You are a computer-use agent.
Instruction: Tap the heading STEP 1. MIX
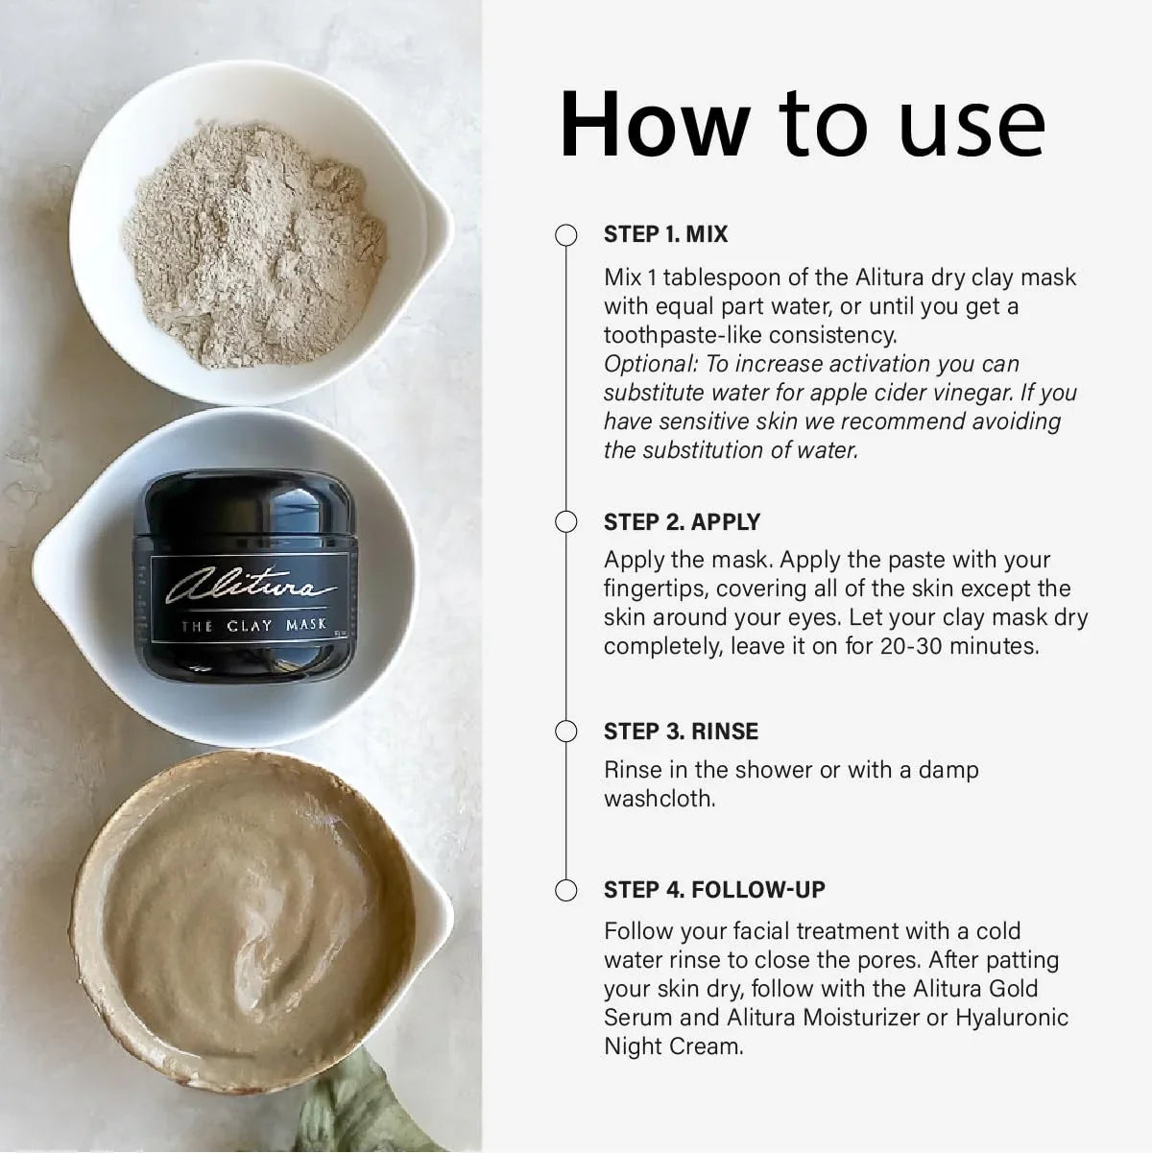pyautogui.click(x=665, y=234)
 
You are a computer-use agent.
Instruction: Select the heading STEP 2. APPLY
pyautogui.click(x=682, y=521)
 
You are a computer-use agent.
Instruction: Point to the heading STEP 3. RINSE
pyautogui.click(x=681, y=732)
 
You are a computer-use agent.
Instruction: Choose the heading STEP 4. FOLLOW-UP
pyautogui.click(x=714, y=890)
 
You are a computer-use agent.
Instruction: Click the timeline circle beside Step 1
pyautogui.click(x=566, y=235)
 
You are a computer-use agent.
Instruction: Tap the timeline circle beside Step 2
pyautogui.click(x=566, y=521)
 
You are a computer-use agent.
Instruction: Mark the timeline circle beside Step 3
pyautogui.click(x=566, y=732)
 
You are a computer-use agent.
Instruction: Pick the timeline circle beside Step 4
pyautogui.click(x=566, y=890)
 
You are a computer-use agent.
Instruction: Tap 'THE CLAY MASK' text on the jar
pyautogui.click(x=253, y=626)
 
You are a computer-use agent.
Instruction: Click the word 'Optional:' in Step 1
pyautogui.click(x=651, y=365)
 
